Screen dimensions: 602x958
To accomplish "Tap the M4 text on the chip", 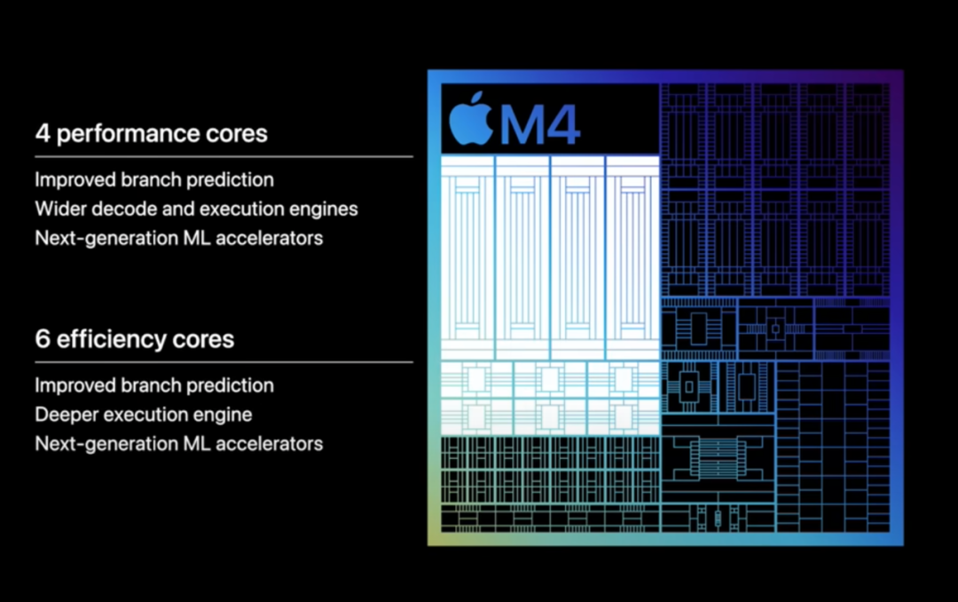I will click(540, 123).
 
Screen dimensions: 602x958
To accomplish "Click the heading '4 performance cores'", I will click(151, 134).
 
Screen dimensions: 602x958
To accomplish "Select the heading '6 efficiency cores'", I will click(135, 340).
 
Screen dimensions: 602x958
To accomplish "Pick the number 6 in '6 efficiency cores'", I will click(43, 340).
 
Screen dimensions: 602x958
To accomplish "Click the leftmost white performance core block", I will click(467, 257).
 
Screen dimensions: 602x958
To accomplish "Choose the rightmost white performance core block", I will click(632, 257).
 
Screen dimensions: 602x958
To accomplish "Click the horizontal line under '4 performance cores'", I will click(224, 156).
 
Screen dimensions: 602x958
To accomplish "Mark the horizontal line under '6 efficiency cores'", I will click(224, 361).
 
